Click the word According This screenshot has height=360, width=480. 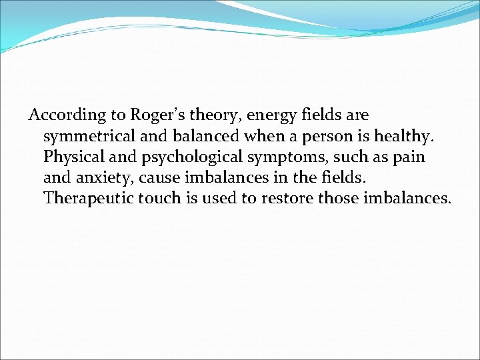pyautogui.click(x=58, y=115)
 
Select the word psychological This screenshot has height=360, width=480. pyautogui.click(x=183, y=157)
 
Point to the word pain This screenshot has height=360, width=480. pyautogui.click(x=409, y=157)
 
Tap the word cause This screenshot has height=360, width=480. pyautogui.click(x=157, y=178)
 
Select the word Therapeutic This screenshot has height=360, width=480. pyautogui.click(x=89, y=199)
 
